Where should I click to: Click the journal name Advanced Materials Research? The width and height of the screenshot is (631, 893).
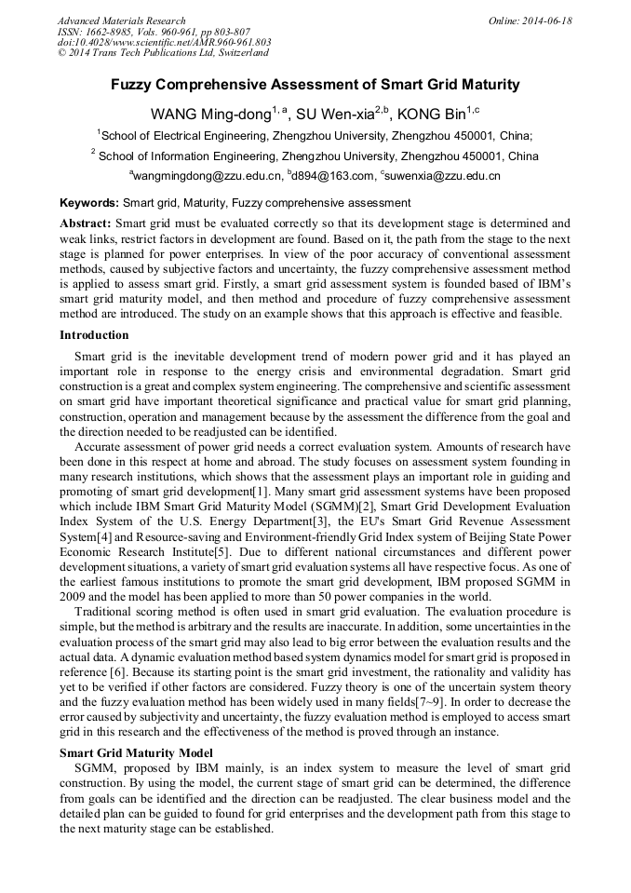tap(122, 20)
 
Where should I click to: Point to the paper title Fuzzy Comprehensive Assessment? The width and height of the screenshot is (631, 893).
tap(315, 85)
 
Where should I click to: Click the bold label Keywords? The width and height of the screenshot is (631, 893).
tap(89, 202)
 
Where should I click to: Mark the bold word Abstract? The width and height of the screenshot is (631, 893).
tap(86, 223)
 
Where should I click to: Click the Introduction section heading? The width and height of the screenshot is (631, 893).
tap(94, 335)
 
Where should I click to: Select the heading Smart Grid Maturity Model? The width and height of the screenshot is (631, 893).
tap(136, 752)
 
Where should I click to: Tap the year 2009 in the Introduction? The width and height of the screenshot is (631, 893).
tap(74, 596)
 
